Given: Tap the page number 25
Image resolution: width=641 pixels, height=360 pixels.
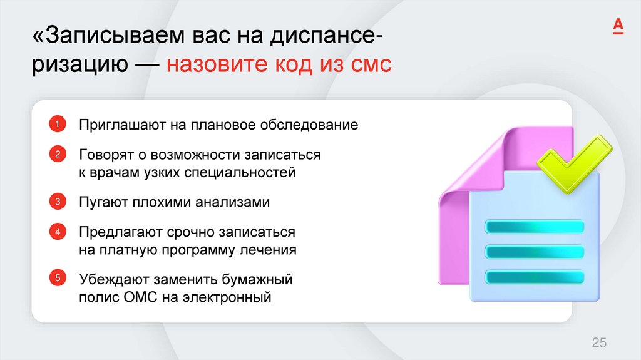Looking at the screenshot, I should point(599,342).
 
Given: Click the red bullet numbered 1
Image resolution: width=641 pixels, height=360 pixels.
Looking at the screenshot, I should point(56,124).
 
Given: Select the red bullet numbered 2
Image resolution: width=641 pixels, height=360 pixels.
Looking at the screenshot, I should point(56,154).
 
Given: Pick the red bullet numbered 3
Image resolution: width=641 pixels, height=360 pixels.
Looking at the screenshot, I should point(56,202).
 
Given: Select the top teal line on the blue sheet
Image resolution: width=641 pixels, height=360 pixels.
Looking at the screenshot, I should point(535,226).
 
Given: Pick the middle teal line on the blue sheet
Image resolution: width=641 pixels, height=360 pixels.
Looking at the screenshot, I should point(535,251).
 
